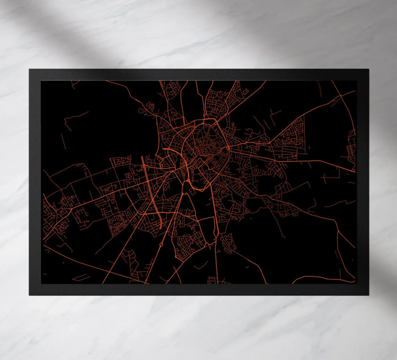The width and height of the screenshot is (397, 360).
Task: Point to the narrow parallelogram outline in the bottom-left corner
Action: (81, 276)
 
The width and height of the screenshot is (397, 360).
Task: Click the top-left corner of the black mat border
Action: (29, 69)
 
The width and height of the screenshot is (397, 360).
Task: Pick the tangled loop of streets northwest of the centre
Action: (149, 108)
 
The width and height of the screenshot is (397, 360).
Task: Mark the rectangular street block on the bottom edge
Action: (211, 281)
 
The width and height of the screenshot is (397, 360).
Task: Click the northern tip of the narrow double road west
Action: (143, 157)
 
